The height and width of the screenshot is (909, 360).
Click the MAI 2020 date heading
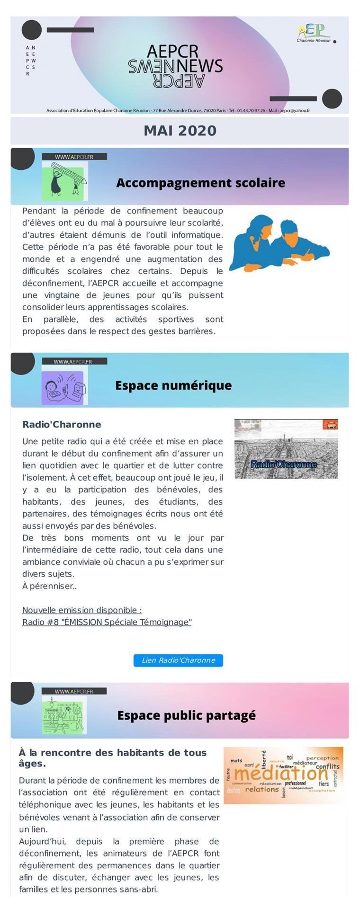180,131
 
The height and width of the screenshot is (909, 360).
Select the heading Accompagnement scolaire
200,183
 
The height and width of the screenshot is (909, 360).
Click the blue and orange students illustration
279,243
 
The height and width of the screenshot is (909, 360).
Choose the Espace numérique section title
173,385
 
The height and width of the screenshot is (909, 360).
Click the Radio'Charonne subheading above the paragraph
62,424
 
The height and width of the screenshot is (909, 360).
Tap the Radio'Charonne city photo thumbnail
286,448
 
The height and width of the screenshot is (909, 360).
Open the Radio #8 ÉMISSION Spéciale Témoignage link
107,622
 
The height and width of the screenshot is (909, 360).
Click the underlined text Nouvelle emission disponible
82,610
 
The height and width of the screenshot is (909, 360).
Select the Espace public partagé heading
186,715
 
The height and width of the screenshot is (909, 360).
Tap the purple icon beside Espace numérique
63,387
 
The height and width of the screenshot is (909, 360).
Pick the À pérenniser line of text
49,586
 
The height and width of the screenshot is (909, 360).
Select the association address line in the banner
178,110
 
